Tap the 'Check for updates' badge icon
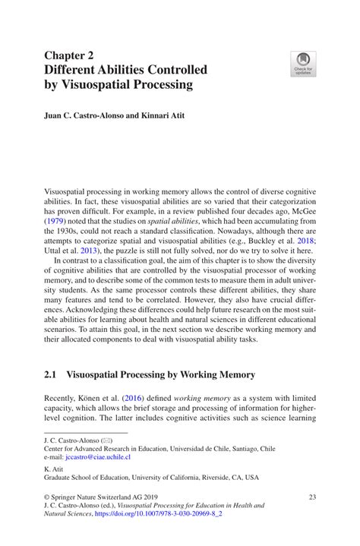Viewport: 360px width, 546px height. (303, 63)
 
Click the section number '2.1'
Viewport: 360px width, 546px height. (52, 374)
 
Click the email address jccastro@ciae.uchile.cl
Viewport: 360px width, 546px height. (98, 457)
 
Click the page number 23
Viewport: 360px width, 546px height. (311, 496)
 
